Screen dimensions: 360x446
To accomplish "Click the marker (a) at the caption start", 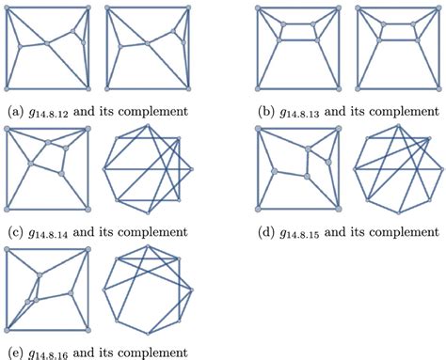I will [13, 110].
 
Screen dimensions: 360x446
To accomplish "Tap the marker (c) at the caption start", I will [13, 230].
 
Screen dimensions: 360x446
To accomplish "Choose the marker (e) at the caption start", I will [13, 352].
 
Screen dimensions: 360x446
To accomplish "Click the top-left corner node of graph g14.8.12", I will [8, 8].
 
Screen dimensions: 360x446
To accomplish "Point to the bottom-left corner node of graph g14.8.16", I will [8, 330].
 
